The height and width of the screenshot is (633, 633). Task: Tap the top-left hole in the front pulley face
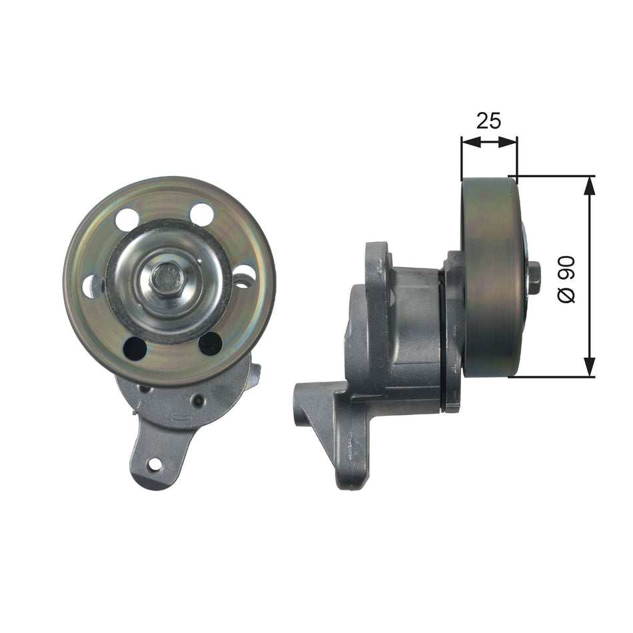point(127,219)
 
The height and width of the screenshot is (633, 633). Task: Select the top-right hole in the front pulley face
point(201,214)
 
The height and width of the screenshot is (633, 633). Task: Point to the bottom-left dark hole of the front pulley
point(135,348)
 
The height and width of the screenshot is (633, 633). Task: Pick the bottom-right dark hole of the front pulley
point(210,343)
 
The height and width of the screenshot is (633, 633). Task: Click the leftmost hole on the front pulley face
point(92,286)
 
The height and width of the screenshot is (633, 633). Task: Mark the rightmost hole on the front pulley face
point(244,276)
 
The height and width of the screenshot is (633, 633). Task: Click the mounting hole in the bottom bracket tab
point(155,464)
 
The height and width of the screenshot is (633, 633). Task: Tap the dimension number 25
point(488,121)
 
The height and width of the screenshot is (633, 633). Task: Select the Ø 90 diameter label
point(566,279)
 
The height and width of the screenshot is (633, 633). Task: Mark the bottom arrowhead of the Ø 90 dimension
point(589,368)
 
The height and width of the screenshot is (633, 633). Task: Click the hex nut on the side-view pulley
point(533,278)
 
